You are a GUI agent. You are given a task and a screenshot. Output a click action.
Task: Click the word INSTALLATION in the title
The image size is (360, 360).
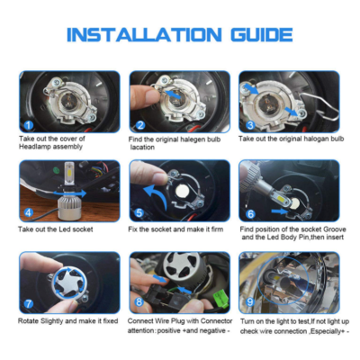(144, 35)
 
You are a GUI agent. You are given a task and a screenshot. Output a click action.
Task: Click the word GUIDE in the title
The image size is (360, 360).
(262, 35)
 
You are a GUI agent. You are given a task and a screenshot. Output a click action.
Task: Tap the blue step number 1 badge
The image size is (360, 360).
(29, 125)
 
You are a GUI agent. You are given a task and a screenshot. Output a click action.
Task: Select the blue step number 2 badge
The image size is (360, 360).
(140, 125)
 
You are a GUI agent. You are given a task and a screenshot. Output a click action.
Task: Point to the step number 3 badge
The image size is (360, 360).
(250, 125)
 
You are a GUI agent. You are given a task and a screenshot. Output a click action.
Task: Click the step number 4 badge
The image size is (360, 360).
(29, 212)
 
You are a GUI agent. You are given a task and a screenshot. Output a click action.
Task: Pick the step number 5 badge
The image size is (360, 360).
(139, 212)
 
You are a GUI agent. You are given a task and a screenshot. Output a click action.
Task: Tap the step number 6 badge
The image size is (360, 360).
(250, 213)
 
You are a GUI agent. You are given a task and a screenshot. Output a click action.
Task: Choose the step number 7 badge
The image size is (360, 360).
(29, 304)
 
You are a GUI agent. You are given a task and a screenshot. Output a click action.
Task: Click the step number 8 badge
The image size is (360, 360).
(139, 301)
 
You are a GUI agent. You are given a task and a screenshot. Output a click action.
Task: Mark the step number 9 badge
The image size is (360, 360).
(250, 301)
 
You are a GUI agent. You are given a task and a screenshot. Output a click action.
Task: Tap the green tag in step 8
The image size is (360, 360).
(220, 298)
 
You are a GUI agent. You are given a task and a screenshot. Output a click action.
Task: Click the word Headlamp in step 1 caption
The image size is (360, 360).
(31, 147)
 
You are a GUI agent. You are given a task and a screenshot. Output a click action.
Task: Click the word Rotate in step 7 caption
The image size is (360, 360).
(28, 321)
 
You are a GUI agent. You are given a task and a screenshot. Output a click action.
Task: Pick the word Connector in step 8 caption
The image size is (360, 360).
(216, 321)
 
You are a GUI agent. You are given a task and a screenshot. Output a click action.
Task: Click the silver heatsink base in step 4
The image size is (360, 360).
(69, 209)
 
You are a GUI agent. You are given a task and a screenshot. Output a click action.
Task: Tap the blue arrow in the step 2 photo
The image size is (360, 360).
(173, 94)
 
